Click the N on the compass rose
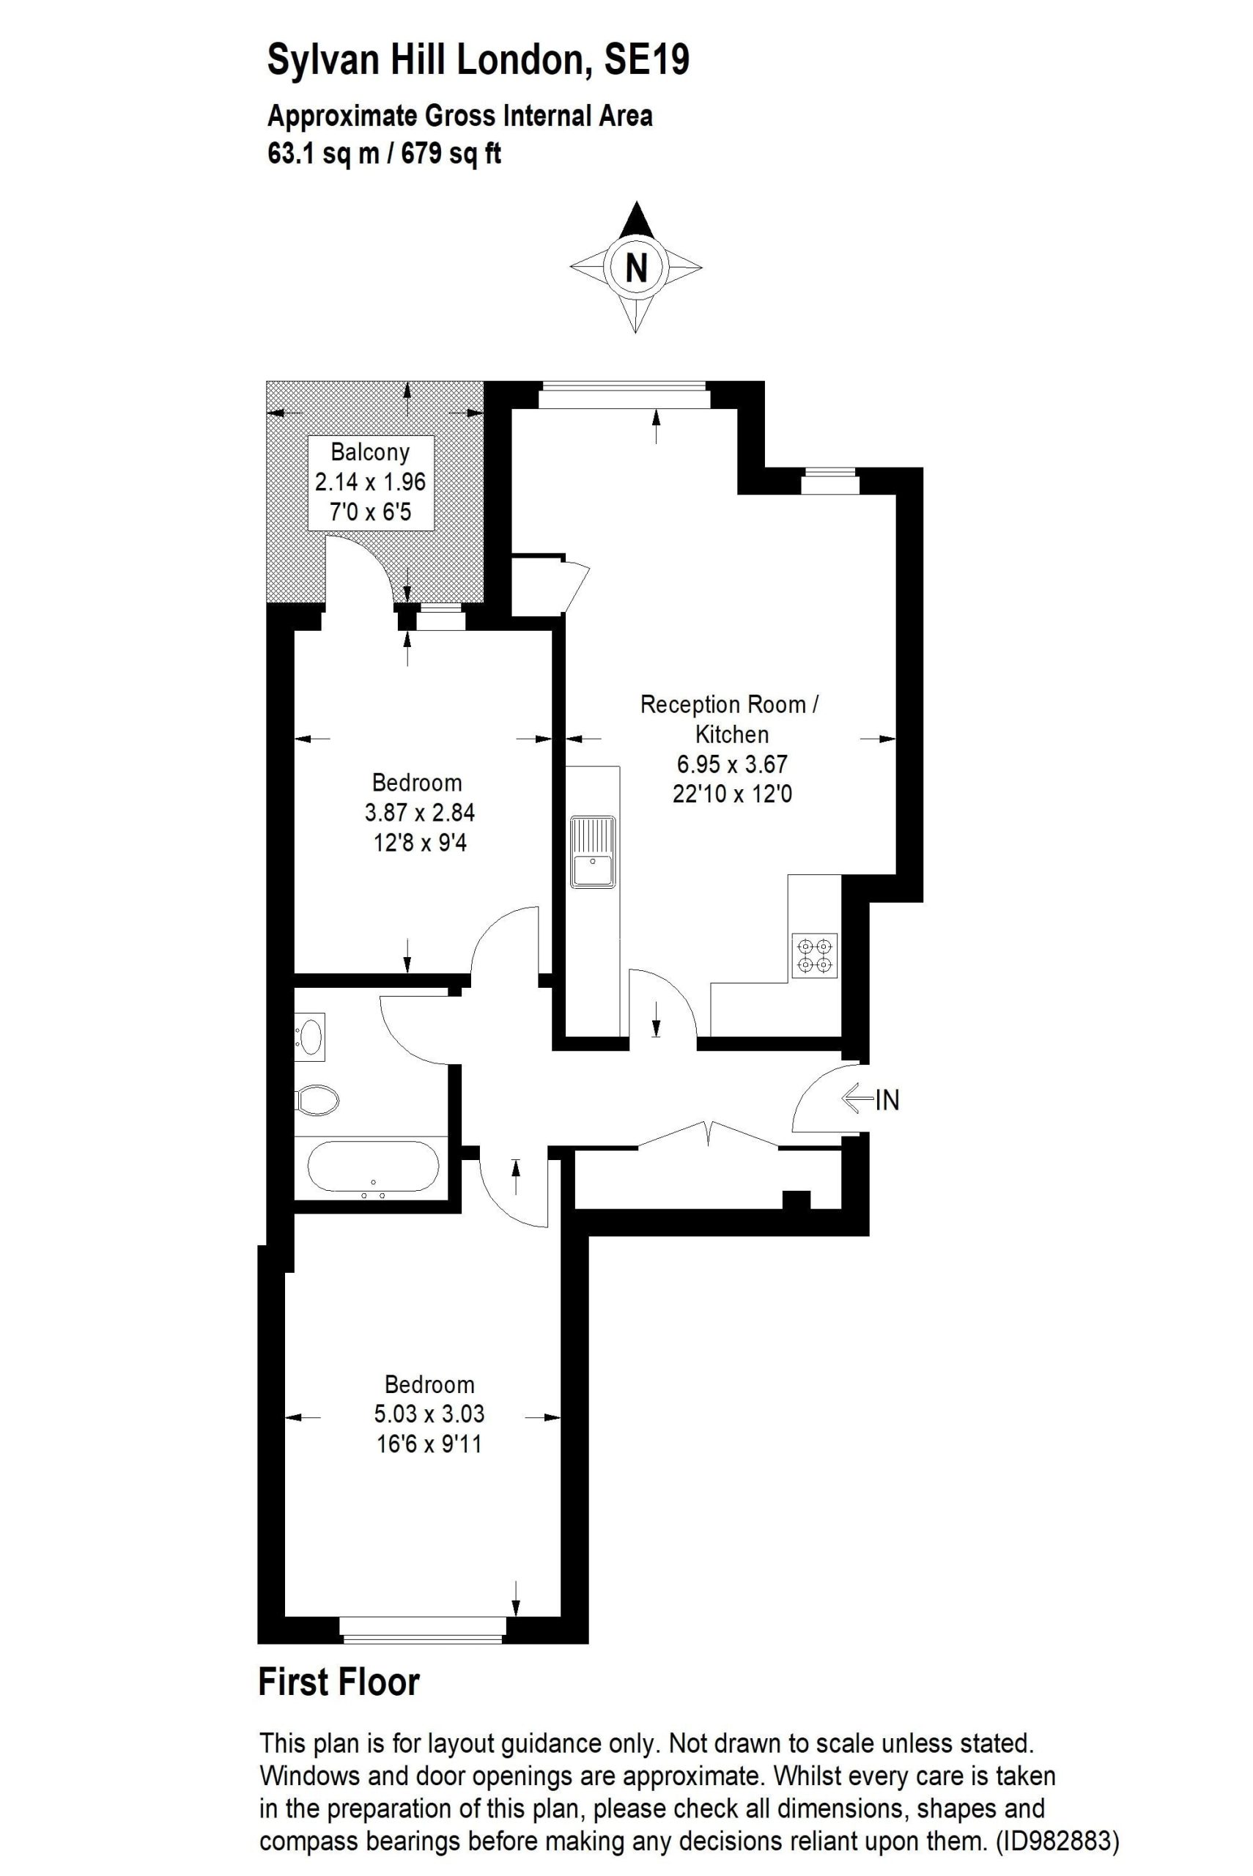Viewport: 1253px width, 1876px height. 636,267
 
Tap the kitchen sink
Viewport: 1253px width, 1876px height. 592,852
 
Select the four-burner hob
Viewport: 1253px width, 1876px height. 814,956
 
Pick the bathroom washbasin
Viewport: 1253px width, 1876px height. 309,1036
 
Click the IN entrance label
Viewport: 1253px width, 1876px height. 888,1101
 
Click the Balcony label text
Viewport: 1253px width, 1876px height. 370,452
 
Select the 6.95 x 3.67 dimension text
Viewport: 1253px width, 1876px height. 732,764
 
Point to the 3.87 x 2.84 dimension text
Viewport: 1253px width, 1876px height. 420,813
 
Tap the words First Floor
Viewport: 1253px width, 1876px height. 339,1682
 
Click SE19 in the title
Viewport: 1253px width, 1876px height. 646,60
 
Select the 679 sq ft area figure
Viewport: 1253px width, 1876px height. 451,152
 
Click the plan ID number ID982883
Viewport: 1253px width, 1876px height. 1057,1842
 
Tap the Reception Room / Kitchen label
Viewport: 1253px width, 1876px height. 731,719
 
